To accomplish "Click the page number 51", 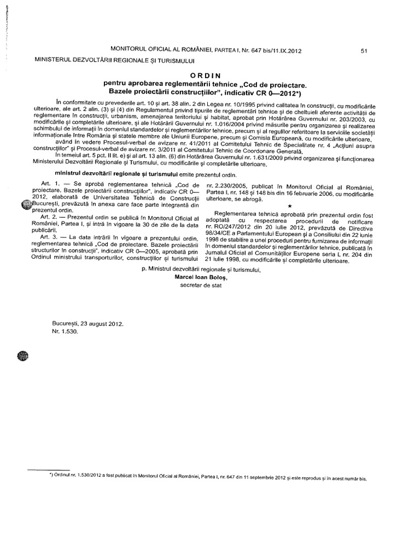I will [x=364, y=51].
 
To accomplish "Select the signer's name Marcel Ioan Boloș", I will [x=200, y=277].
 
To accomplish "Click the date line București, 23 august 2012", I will [x=88, y=323].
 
